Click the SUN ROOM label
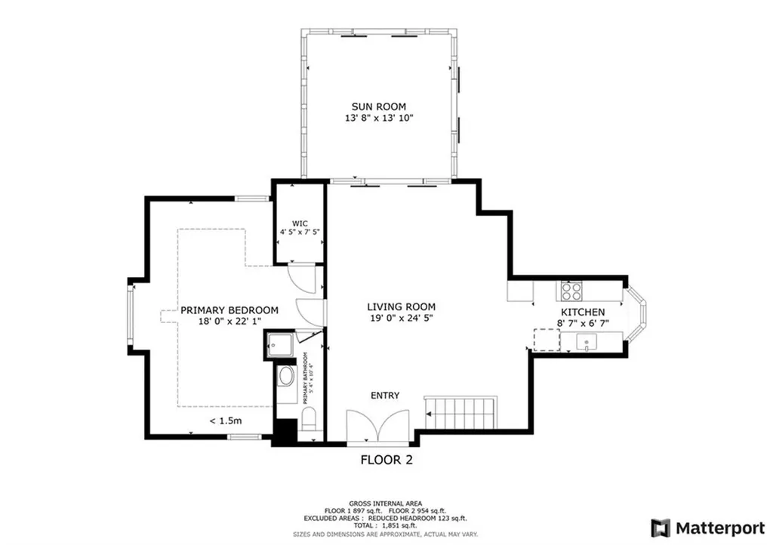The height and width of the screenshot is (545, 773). pos(378,106)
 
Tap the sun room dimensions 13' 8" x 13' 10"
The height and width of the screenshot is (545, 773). pos(378,119)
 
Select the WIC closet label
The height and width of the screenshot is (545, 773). pos(300,223)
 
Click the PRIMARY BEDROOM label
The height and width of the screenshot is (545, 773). pos(229,310)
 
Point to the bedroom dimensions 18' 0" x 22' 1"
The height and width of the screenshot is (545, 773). pos(229,322)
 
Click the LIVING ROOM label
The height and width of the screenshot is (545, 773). pos(401,306)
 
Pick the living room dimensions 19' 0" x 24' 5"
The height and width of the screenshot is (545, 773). pos(401,319)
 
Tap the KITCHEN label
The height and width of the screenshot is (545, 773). pos(582,312)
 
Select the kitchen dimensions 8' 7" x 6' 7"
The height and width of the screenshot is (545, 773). pos(582,323)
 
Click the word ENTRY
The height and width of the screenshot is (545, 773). pos(384,396)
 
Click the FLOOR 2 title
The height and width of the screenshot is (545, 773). pos(386,459)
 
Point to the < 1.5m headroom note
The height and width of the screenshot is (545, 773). pos(225,421)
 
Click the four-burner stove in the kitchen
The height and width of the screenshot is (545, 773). pos(570,291)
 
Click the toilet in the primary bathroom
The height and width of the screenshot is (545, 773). pos(308,420)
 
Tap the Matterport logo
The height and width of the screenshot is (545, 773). pos(707,527)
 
